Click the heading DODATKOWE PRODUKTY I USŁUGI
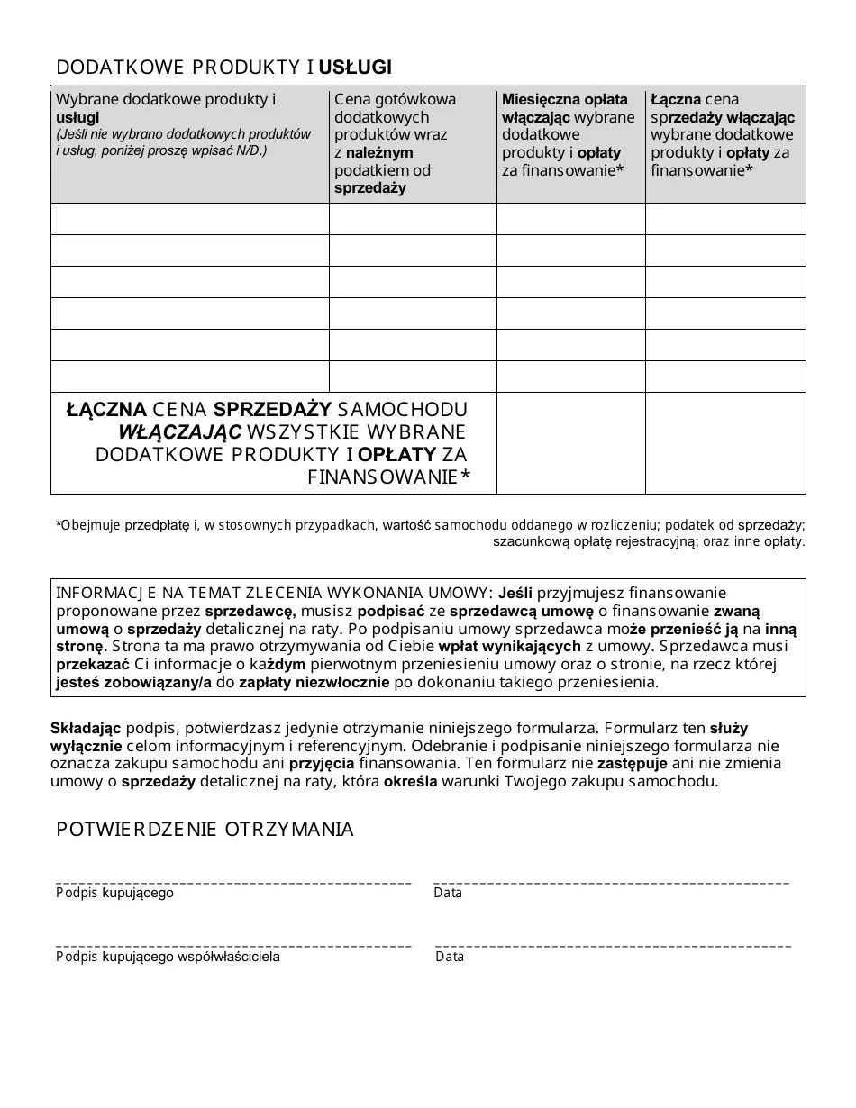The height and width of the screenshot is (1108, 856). [223, 68]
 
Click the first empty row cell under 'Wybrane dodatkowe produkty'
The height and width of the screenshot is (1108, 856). [190, 219]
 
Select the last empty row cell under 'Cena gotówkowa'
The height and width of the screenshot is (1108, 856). [413, 377]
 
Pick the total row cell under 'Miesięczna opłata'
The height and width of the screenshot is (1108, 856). [570, 443]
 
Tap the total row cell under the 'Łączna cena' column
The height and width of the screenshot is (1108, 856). [725, 443]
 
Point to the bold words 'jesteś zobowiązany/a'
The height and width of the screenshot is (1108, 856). [132, 683]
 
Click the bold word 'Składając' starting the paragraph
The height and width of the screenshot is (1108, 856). [86, 728]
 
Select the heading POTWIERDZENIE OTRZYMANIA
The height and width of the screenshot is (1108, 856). [205, 830]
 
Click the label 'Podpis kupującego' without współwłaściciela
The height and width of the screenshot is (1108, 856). [114, 894]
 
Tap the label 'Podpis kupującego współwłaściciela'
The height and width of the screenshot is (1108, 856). [168, 957]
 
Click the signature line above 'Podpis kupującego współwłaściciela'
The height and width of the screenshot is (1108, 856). [233, 946]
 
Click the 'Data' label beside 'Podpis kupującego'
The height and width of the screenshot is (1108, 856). [448, 894]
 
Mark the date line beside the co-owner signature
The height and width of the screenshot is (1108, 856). [613, 946]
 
